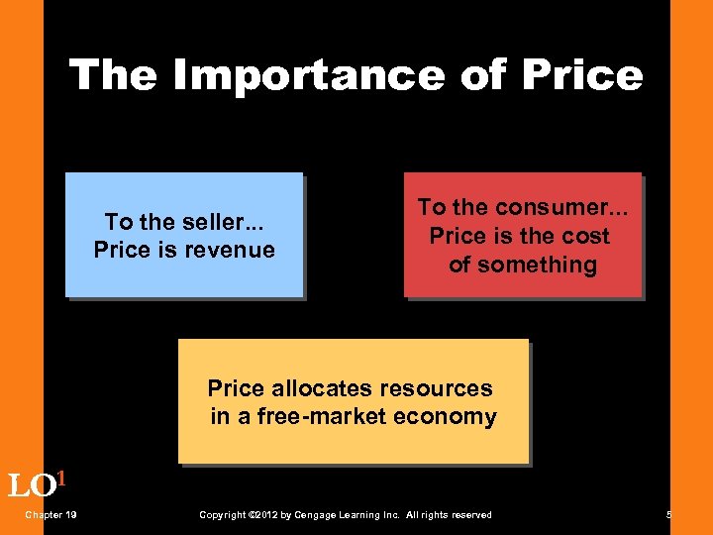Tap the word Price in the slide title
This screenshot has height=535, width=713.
click(x=584, y=74)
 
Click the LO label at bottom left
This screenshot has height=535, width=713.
click(x=30, y=486)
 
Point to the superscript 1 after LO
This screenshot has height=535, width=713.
click(x=60, y=480)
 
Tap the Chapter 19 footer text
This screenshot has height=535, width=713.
click(x=52, y=514)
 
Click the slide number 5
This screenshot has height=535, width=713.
click(x=669, y=514)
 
